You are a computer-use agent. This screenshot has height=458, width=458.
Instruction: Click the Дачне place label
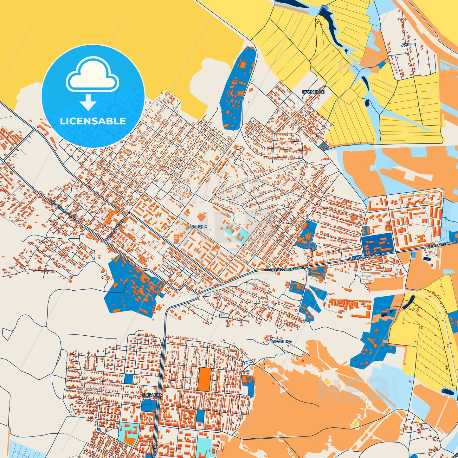click(x=409, y=45)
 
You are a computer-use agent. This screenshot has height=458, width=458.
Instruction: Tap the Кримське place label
click(x=313, y=92)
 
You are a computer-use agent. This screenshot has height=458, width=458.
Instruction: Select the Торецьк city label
click(x=197, y=227)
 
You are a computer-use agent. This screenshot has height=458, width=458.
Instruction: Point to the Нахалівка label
click(x=280, y=342)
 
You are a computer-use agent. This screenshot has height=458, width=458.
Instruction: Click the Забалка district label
click(x=152, y=395)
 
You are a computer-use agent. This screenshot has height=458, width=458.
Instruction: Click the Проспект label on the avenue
click(x=154, y=445)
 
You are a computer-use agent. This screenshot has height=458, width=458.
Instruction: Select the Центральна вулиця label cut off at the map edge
click(x=442, y=244)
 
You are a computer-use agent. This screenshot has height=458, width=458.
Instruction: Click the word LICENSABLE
click(x=93, y=121)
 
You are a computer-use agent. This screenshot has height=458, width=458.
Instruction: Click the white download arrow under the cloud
click(x=88, y=102)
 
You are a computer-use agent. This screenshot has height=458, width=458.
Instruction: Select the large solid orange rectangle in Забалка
click(x=204, y=379)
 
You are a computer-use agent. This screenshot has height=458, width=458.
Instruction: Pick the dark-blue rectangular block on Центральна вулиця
click(x=377, y=243)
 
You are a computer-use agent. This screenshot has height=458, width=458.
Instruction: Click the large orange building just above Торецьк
click(x=201, y=217)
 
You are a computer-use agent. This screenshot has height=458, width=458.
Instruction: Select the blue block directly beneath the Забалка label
click(x=149, y=405)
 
